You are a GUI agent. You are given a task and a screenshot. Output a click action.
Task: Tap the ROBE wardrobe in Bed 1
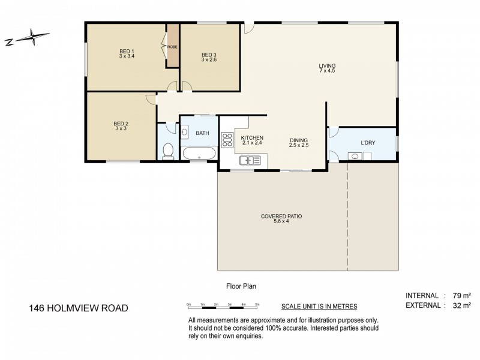pos(172,47)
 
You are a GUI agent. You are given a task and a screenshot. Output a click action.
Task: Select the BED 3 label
pos(209,57)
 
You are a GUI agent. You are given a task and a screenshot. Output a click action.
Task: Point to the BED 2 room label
pos(121,125)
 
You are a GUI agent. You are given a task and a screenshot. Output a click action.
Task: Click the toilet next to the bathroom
pos(168,151)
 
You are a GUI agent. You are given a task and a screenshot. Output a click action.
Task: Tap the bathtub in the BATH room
pos(199,154)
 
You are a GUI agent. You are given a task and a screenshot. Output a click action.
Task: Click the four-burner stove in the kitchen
pos(227,140)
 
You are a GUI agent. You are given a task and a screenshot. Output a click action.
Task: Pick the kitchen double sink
pos(249,160)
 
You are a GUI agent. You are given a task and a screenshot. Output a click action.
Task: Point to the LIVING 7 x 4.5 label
pos(327,68)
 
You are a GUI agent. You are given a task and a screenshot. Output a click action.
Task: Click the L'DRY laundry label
pos(368,143)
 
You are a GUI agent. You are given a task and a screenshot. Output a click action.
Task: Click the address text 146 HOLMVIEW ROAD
pos(79,308)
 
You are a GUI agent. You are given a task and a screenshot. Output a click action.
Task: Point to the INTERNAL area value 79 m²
pos(460,295)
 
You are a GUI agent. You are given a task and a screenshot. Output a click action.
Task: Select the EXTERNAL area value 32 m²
pos(460,305)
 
